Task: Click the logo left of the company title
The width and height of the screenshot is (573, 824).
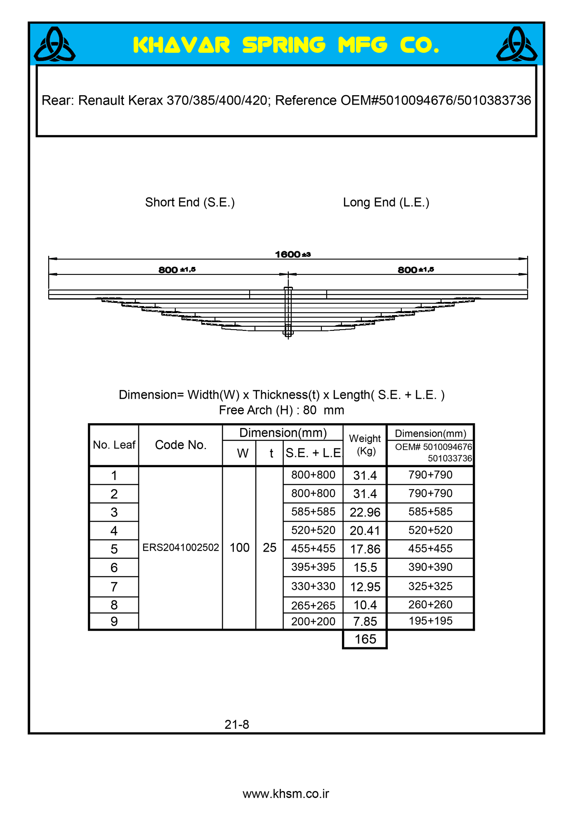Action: pyautogui.click(x=54, y=44)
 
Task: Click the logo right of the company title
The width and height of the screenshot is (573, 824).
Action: pyautogui.click(x=516, y=44)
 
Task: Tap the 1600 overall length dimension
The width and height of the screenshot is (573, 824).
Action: pyautogui.click(x=292, y=254)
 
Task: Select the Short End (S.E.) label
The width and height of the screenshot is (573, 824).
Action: pyautogui.click(x=190, y=202)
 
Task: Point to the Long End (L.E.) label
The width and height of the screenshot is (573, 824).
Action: pyautogui.click(x=386, y=202)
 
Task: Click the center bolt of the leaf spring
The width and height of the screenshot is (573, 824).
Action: pyautogui.click(x=288, y=312)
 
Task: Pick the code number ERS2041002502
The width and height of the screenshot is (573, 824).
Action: pyautogui.click(x=181, y=547)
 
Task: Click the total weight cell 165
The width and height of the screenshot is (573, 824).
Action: pyautogui.click(x=365, y=639)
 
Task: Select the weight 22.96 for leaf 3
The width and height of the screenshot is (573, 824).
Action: pyautogui.click(x=365, y=512)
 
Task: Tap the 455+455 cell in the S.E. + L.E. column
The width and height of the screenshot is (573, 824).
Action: pyautogui.click(x=313, y=548)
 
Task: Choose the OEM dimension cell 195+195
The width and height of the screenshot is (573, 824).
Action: pyautogui.click(x=430, y=620)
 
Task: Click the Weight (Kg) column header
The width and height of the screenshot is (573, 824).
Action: pyautogui.click(x=365, y=445)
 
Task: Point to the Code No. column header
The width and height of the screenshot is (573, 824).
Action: pyautogui.click(x=181, y=445)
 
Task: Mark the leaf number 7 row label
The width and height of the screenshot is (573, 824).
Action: pyautogui.click(x=114, y=586)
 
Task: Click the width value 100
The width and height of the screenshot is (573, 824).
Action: pyautogui.click(x=240, y=548)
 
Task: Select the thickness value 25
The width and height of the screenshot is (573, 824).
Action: pyautogui.click(x=269, y=548)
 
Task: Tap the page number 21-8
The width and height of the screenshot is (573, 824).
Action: pyautogui.click(x=237, y=724)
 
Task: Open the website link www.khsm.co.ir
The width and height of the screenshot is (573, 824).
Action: pyautogui.click(x=286, y=794)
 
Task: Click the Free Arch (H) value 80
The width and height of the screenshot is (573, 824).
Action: pyautogui.click(x=309, y=410)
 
